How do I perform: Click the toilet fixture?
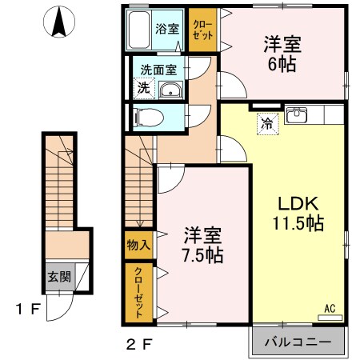tap(149, 118)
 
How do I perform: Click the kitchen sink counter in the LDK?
tap(298, 114)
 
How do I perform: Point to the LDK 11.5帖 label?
tap(300, 213)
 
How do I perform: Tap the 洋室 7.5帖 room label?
tap(203, 246)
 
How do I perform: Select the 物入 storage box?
tap(135, 245)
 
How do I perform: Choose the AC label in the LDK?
tap(329, 307)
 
